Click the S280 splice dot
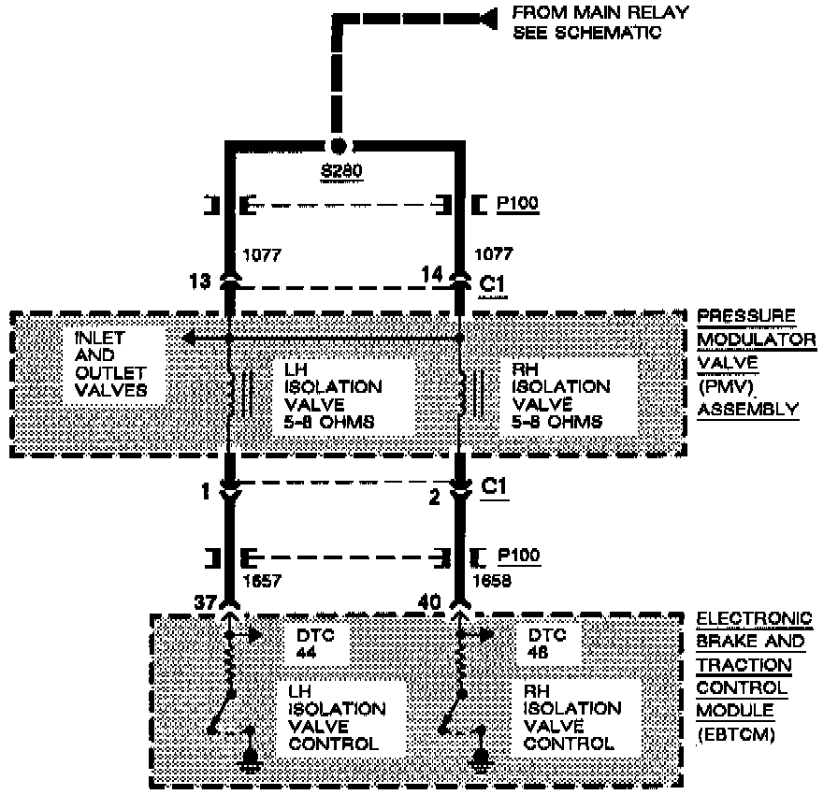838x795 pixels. [x=339, y=145]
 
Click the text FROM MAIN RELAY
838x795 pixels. [x=600, y=13]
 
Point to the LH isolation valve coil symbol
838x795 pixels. [x=231, y=394]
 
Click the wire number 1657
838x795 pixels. [x=264, y=580]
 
